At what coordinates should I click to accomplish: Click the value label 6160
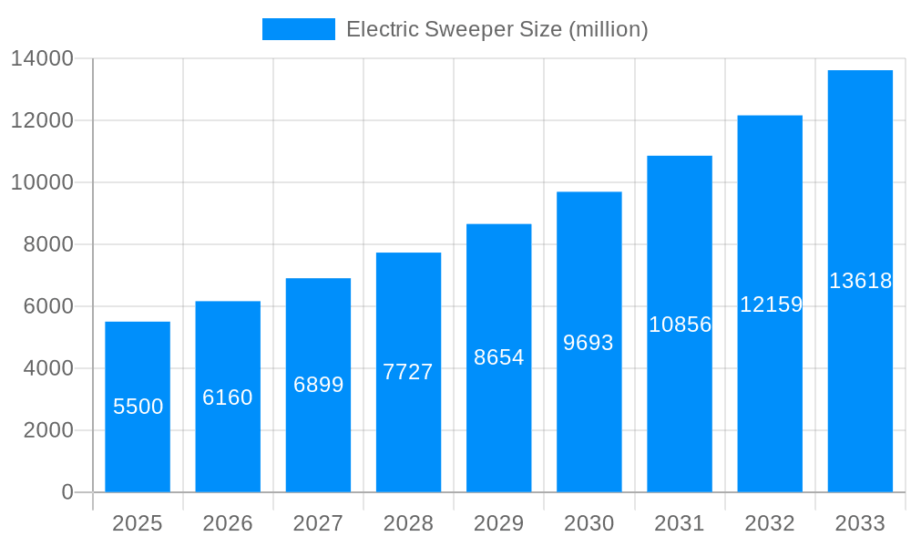click(228, 397)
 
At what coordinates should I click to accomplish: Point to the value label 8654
click(498, 357)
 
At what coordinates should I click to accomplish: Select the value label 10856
click(680, 325)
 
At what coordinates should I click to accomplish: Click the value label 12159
click(771, 304)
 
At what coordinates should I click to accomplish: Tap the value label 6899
click(318, 385)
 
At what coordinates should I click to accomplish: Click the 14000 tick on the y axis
click(41, 59)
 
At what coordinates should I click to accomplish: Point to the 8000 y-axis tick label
click(47, 244)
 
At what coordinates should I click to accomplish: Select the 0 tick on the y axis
click(67, 492)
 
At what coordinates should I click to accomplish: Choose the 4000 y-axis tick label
click(47, 368)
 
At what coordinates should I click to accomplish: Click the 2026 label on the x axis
click(228, 523)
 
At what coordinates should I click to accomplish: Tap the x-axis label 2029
click(498, 523)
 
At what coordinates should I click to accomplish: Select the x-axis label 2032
click(770, 523)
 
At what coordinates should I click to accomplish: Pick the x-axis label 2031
click(680, 523)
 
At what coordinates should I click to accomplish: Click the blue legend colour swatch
click(298, 29)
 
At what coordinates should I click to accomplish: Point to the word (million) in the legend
click(609, 29)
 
